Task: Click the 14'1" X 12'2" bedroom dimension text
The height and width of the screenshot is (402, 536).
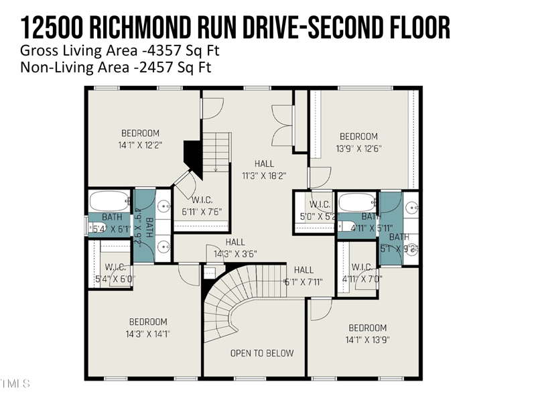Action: (x=140, y=144)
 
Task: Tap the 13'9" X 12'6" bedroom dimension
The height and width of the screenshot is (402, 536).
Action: (x=358, y=148)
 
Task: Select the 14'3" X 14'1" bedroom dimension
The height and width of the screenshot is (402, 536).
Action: (x=148, y=334)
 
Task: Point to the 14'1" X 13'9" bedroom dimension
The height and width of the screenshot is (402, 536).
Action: (x=367, y=340)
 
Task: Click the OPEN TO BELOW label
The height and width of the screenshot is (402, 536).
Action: (x=262, y=353)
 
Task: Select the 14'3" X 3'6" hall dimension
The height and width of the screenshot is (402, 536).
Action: (x=235, y=254)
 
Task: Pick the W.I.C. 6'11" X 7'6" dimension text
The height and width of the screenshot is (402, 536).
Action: (x=201, y=211)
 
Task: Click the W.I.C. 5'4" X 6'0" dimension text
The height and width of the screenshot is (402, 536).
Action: (x=112, y=279)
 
